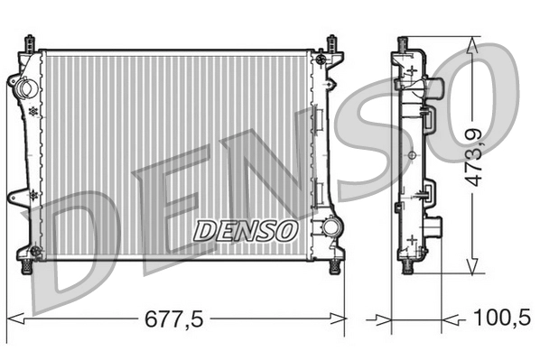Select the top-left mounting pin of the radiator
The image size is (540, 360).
coord(32,42)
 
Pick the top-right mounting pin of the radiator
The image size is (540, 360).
coord(332,42)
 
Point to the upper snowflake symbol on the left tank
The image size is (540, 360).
coord(33,110)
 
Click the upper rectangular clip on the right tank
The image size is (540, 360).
coord(319,116)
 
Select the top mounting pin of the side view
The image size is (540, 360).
coord(403,43)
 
